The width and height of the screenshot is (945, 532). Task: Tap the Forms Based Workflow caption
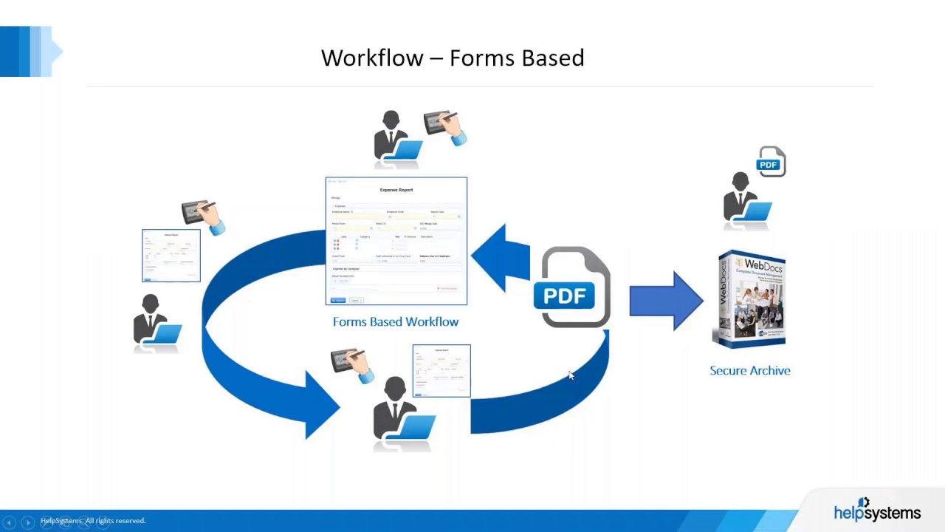pyautogui.click(x=396, y=322)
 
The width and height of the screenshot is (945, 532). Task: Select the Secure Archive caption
pyautogui.click(x=749, y=371)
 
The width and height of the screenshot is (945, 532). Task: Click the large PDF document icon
pyautogui.click(x=574, y=288)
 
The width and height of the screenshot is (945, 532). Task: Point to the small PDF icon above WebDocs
pyautogui.click(x=771, y=163)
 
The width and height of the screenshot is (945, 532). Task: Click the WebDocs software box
pyautogui.click(x=751, y=299)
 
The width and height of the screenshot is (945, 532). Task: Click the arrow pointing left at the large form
pyautogui.click(x=502, y=257)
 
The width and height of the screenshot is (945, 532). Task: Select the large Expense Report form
pyautogui.click(x=396, y=241)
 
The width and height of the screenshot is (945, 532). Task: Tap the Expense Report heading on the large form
pyautogui.click(x=396, y=190)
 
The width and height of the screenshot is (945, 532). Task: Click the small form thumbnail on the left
pyautogui.click(x=171, y=256)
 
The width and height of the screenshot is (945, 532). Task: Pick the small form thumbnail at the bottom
pyautogui.click(x=441, y=371)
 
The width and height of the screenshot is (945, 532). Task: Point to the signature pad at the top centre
pyautogui.click(x=444, y=126)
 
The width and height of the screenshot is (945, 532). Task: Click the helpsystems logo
pyautogui.click(x=877, y=511)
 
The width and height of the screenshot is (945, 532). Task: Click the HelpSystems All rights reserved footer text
pyautogui.click(x=94, y=521)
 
